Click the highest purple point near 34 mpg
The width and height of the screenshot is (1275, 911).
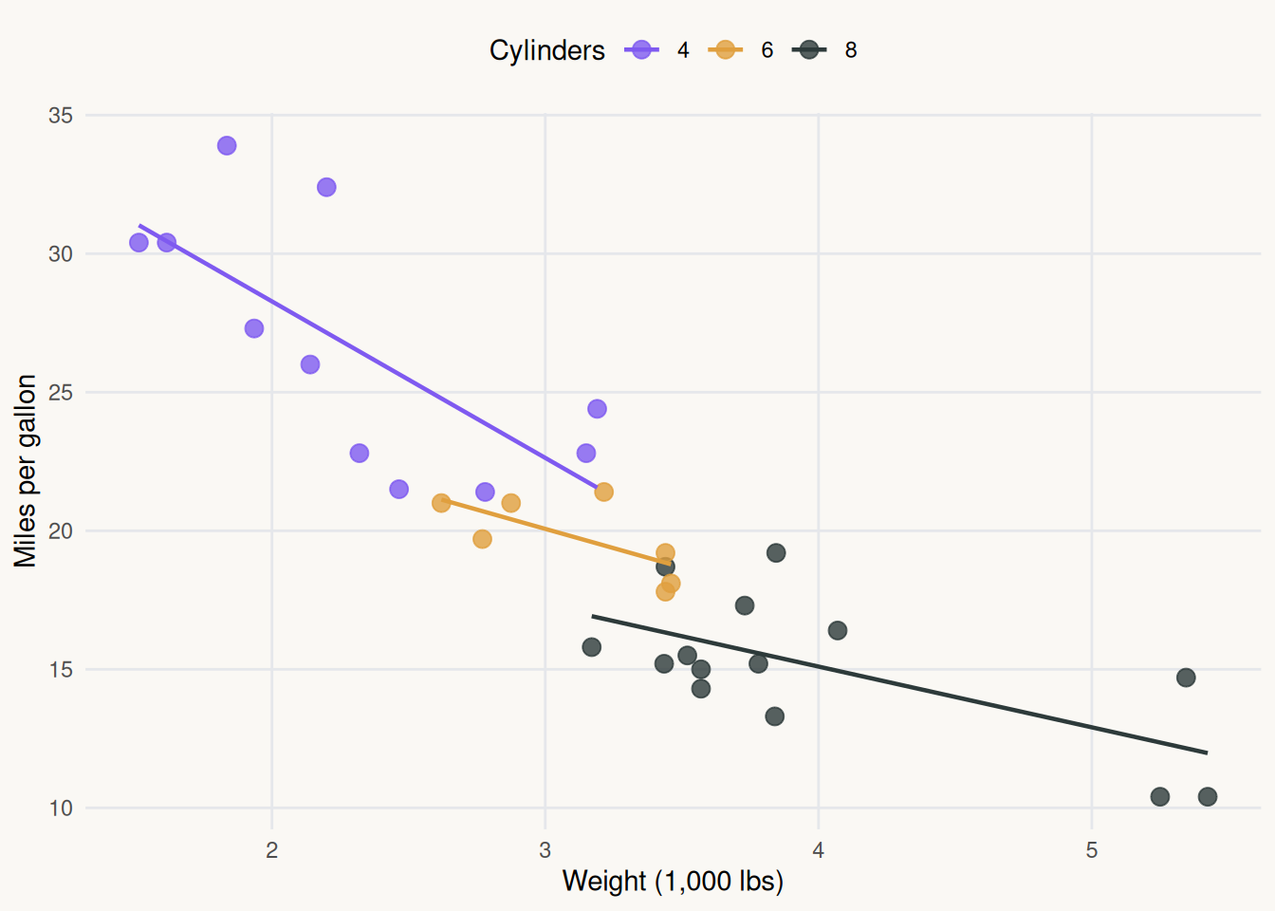[227, 145]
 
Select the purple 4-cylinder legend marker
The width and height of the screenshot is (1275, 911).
[642, 50]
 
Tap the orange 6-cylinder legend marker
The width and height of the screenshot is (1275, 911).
[726, 50]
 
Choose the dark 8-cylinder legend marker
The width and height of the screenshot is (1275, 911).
[809, 50]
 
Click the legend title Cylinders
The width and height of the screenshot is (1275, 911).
[546, 50]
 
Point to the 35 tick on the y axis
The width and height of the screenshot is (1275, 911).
[61, 116]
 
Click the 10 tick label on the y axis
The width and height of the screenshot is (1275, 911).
[61, 809]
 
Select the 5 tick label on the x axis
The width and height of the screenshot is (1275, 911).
[1091, 850]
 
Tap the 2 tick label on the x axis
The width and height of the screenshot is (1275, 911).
[272, 850]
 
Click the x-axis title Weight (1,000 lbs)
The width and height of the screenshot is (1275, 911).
[673, 882]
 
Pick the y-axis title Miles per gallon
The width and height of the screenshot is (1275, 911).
[26, 471]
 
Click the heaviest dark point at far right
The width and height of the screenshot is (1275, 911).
[1208, 796]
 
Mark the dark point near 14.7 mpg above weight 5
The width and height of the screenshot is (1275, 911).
[1186, 678]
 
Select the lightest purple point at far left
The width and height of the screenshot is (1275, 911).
[139, 242]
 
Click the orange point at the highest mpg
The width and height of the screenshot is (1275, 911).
[603, 492]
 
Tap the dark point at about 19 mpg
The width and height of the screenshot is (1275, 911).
[776, 553]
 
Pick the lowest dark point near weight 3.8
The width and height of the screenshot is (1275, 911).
[775, 716]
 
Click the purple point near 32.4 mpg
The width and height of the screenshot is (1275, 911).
[326, 187]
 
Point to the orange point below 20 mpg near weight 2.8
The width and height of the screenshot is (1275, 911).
[482, 539]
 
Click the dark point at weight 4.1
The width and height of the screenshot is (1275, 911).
[838, 630]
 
